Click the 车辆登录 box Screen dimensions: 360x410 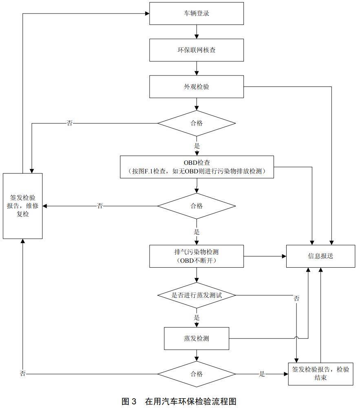pos(197,13)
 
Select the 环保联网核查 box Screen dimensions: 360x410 pos(197,50)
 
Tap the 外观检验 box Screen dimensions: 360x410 pos(197,87)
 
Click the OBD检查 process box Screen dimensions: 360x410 pos(197,167)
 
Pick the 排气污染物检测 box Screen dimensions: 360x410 pos(197,256)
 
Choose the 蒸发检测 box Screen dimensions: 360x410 pos(197,339)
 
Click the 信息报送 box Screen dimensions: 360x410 pos(320,256)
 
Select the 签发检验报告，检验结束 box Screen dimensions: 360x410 pos(320,374)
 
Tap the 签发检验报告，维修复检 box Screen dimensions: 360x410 pos(23,206)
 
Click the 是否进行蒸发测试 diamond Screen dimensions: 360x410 pos(197,295)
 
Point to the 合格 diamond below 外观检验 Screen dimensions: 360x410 pos(197,124)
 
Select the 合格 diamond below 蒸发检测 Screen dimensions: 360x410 pos(197,374)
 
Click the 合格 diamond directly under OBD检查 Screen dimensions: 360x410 pos(197,206)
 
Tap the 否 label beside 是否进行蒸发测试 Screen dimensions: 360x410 pos(296,298)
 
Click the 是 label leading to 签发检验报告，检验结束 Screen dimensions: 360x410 pos(262,374)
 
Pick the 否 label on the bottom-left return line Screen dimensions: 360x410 pos(23,374)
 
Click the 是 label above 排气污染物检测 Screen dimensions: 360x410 pos(197,232)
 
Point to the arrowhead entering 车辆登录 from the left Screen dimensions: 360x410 pos(147,13)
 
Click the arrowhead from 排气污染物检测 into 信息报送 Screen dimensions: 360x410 pos(284,256)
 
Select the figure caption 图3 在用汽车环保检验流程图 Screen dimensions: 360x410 pos(179,401)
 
